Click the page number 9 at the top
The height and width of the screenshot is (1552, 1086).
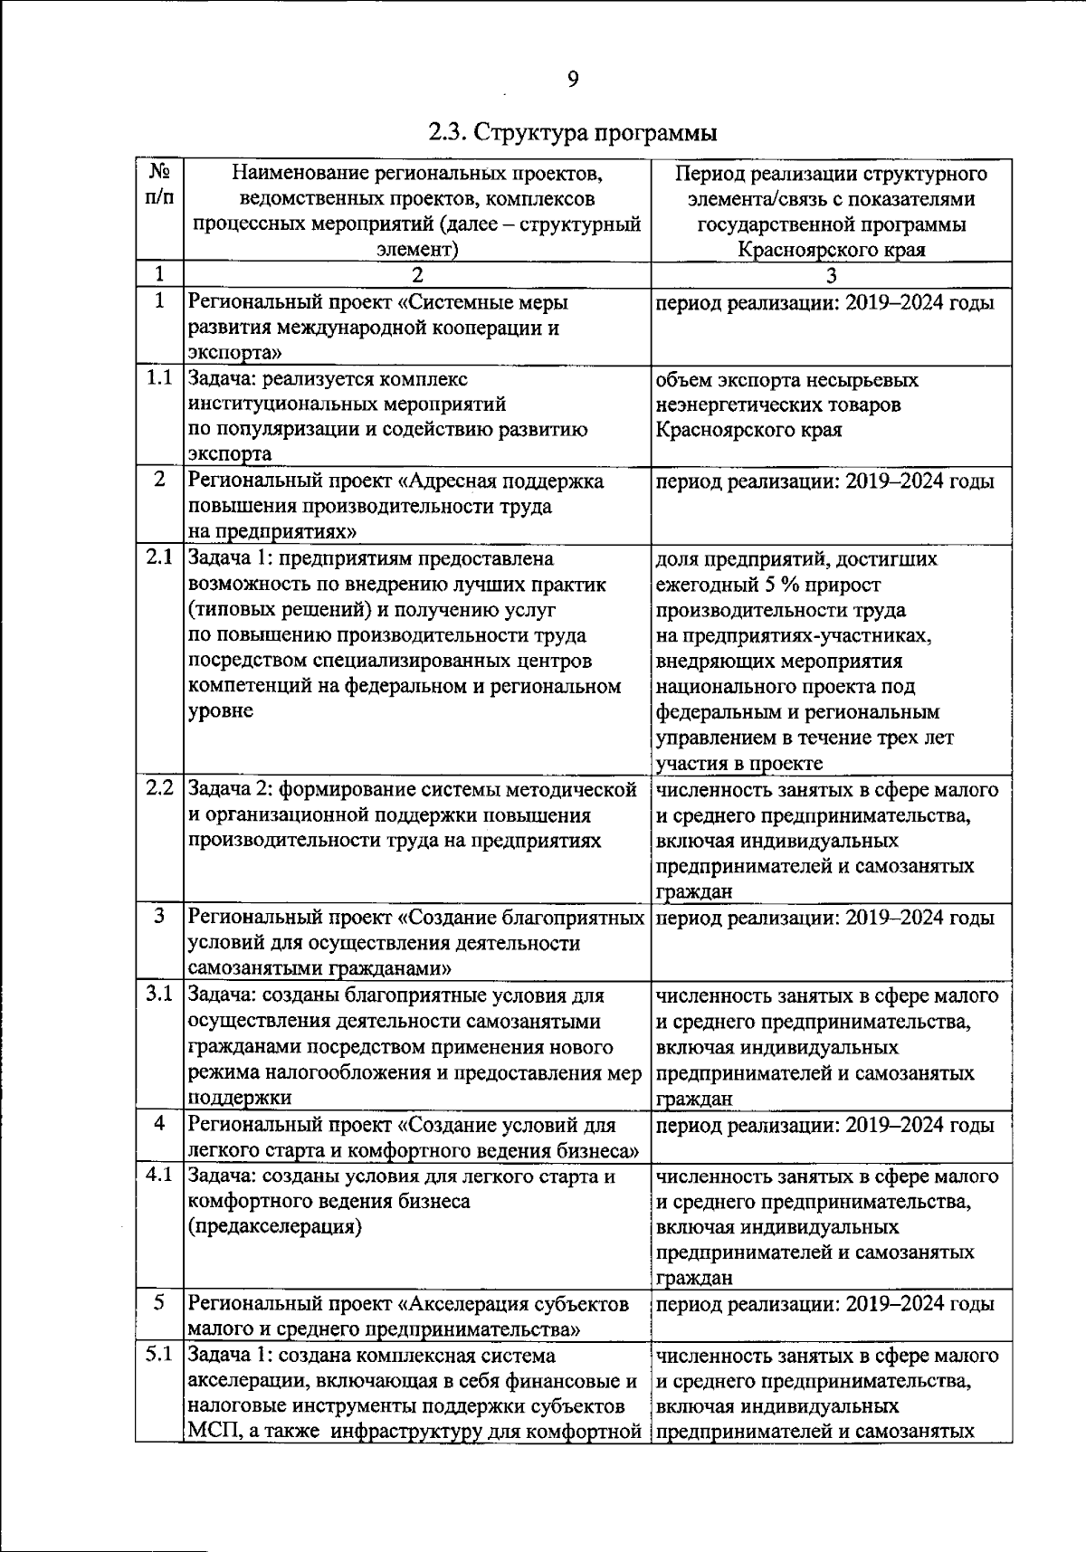pos(572,81)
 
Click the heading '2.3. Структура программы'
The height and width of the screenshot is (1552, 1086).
pos(572,134)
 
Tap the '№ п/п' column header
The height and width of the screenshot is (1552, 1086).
pos(159,184)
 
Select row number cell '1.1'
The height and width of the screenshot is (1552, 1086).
pos(159,378)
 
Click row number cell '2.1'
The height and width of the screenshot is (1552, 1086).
pos(159,558)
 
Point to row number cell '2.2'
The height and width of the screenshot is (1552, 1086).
pos(159,788)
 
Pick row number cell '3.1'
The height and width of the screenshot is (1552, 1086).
pos(159,995)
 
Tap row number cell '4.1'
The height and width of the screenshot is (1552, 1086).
pos(159,1175)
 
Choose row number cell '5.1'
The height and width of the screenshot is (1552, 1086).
pos(159,1355)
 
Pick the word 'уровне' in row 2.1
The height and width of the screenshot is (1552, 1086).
pos(220,711)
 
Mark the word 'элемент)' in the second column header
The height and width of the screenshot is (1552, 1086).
pos(417,250)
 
